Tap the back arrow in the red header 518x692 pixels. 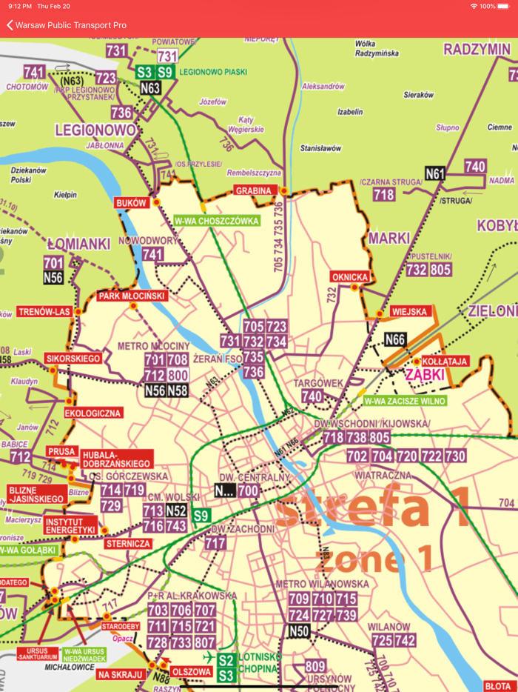pyautogui.click(x=10, y=25)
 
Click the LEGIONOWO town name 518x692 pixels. pyautogui.click(x=96, y=130)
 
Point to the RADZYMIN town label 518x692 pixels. pyautogui.click(x=477, y=50)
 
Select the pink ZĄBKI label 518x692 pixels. pyautogui.click(x=424, y=375)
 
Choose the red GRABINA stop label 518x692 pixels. pyautogui.click(x=252, y=190)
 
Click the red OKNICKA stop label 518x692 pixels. pyautogui.click(x=350, y=277)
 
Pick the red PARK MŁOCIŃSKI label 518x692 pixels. pyautogui.click(x=132, y=296)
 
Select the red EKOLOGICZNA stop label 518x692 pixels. pyautogui.click(x=93, y=413)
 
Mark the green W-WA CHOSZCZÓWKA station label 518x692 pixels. pyautogui.click(x=216, y=221)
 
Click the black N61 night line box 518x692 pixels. pyautogui.click(x=435, y=174)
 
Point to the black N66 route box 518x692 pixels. pyautogui.click(x=395, y=340)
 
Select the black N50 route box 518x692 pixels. pyautogui.click(x=299, y=631)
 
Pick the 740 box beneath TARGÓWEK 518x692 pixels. pyautogui.click(x=312, y=397)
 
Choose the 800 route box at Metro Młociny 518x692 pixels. pyautogui.click(x=178, y=376)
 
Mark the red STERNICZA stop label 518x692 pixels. pyautogui.click(x=129, y=544)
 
